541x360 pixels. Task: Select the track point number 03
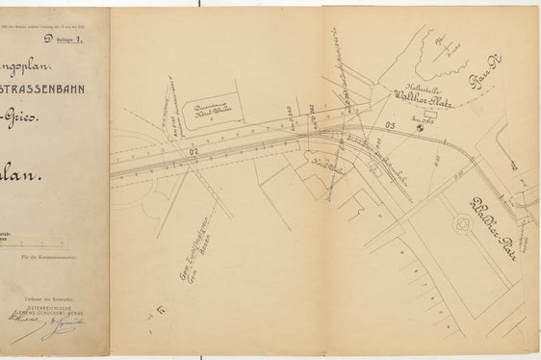[x=390, y=125]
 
